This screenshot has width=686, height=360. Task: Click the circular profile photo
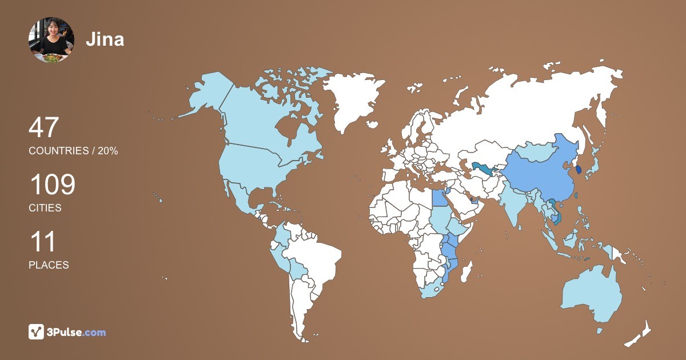click(51, 39)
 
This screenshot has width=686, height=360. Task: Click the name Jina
click(105, 39)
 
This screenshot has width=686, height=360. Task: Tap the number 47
click(43, 127)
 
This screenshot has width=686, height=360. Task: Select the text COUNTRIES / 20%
click(73, 151)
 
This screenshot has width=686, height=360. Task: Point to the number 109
click(52, 185)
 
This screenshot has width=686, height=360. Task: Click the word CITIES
click(45, 208)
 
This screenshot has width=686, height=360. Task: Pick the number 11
click(42, 241)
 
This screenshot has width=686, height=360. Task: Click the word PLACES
click(49, 265)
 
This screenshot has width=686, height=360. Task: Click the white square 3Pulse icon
click(36, 332)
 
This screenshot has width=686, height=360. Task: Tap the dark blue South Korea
click(579, 169)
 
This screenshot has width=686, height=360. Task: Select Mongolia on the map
click(536, 151)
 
